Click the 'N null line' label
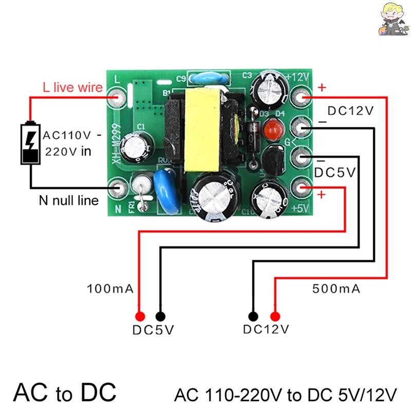pos(69,200)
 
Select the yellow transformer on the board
pos(201,130)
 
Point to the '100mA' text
pos(110,289)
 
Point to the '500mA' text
pos(336,289)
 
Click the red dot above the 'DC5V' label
pos(139,316)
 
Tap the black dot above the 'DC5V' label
pos(160,316)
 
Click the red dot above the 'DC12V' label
pos(275,316)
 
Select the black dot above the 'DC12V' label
pos(253,316)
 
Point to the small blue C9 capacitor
pos(204,79)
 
